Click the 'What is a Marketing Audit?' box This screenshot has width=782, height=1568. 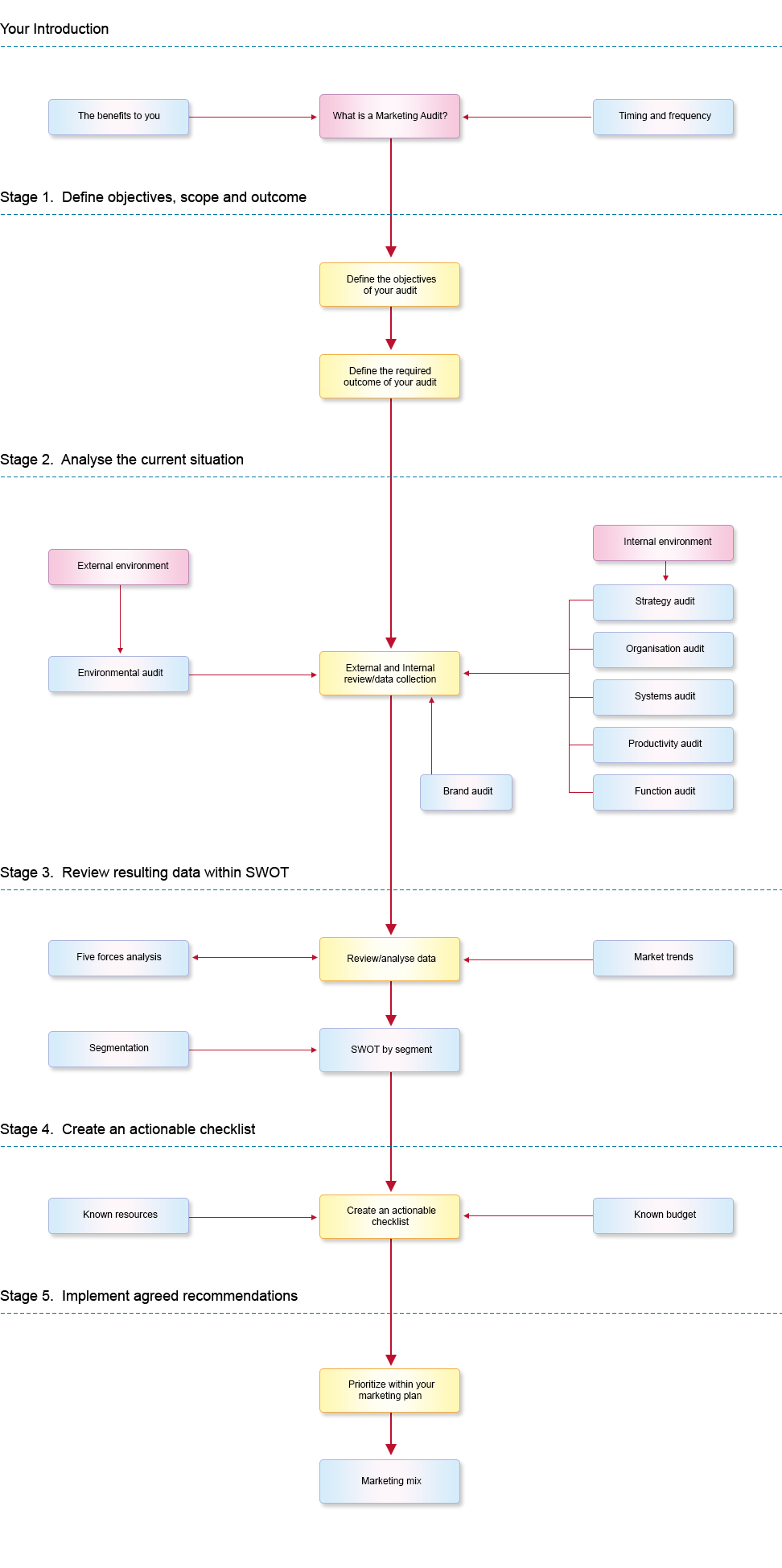(x=390, y=116)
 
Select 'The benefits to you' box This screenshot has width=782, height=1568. (x=119, y=117)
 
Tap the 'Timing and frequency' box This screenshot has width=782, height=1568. (x=664, y=117)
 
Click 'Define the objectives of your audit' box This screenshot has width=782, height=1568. (x=390, y=285)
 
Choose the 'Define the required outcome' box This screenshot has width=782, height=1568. (x=390, y=377)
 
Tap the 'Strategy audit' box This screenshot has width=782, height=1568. (x=664, y=602)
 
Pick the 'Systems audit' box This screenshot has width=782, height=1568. (x=664, y=697)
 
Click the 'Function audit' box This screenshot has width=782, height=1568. (x=664, y=792)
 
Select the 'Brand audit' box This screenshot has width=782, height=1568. (x=467, y=792)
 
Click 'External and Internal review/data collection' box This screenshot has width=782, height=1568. (x=390, y=674)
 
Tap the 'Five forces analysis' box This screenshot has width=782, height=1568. (x=119, y=958)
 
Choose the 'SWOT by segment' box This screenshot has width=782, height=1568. (x=390, y=1050)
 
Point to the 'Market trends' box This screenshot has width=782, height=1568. (x=664, y=958)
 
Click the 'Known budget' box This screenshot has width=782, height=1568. (x=664, y=1215)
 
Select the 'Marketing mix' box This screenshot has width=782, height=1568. (x=390, y=1481)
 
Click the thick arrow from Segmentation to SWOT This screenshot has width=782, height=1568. (x=253, y=1050)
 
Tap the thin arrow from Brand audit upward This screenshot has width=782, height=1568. (x=432, y=737)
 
